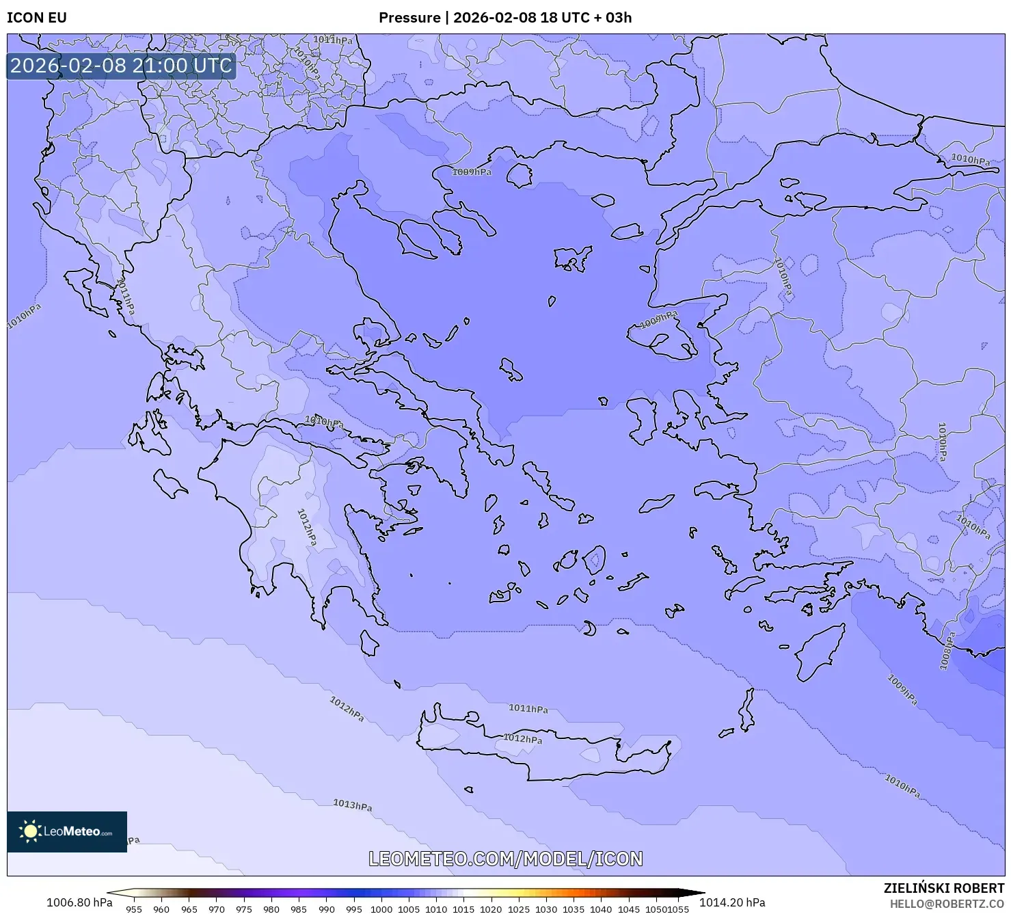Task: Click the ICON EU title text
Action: [x=37, y=18]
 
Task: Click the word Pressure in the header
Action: [x=409, y=18]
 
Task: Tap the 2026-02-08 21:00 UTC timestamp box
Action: [x=121, y=66]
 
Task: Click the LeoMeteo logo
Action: [x=67, y=831]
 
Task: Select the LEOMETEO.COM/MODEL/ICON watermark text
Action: [x=505, y=859]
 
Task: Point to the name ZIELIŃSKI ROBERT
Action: [x=943, y=888]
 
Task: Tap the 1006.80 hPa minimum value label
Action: [x=79, y=902]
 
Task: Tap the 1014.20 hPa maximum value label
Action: [x=731, y=902]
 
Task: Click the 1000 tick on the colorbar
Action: [x=381, y=909]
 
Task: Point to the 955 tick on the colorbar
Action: [x=134, y=909]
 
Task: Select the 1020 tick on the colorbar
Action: [x=491, y=909]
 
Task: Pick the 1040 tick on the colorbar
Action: [x=601, y=909]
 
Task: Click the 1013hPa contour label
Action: [x=352, y=805]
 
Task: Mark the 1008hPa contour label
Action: [x=947, y=651]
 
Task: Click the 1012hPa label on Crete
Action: [x=523, y=738]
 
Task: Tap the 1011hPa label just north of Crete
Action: [x=528, y=709]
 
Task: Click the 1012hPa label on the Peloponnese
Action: [x=306, y=527]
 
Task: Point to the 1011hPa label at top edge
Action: [x=333, y=40]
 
